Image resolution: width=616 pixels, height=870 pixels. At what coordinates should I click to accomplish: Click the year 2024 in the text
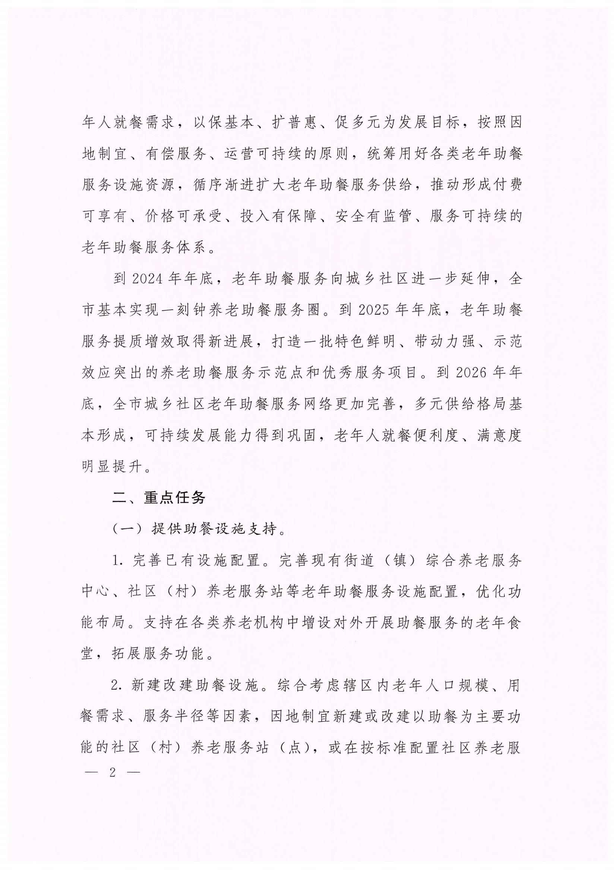[x=148, y=279]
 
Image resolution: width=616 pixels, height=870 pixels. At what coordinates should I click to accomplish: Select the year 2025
[x=374, y=310]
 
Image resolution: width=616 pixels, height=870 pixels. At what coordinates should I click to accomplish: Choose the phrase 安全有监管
[x=373, y=216]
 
